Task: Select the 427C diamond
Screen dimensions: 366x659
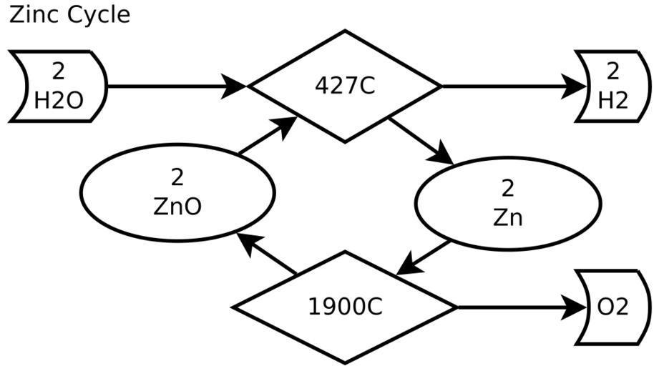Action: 344,86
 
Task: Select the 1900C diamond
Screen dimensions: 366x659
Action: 346,307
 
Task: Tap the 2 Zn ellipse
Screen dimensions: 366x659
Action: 508,204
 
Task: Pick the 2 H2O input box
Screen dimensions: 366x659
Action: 59,86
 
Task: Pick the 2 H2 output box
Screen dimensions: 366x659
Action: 612,86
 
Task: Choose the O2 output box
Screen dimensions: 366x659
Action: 612,307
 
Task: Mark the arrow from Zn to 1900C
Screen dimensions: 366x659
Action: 424,257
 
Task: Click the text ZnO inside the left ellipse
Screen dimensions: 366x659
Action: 177,206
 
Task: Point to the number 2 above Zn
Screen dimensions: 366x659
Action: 508,189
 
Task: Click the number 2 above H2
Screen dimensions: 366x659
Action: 612,71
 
